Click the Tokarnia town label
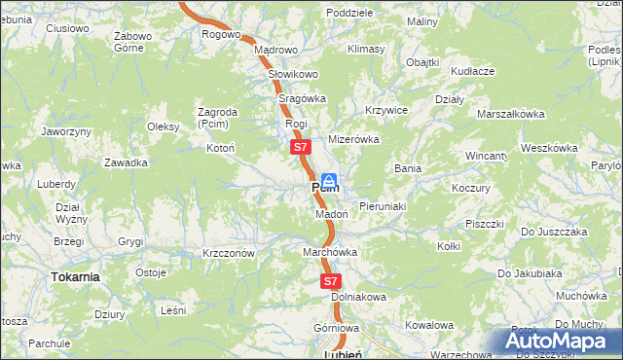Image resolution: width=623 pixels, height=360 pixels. (74, 276)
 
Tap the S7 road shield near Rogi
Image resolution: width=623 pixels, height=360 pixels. (300, 148)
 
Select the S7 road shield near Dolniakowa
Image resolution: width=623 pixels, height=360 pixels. (331, 280)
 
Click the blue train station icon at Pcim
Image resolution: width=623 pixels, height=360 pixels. (330, 180)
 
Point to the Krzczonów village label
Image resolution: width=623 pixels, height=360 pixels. (229, 252)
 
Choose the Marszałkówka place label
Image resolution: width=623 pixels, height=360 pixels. (510, 114)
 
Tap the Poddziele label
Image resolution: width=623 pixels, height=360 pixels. (350, 13)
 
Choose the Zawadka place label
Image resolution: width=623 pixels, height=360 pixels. (127, 162)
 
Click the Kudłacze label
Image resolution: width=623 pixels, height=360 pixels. (473, 71)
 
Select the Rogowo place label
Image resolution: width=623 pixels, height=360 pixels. (221, 35)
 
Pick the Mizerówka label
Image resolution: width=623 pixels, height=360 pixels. (352, 139)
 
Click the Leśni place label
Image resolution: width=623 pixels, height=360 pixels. (173, 309)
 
